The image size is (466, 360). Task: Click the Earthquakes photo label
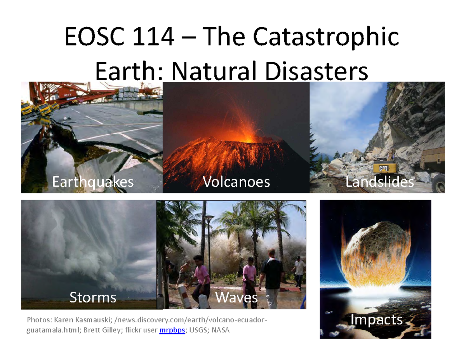(x=93, y=182)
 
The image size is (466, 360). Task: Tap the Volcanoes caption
(x=236, y=182)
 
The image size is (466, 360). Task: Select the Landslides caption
(x=379, y=182)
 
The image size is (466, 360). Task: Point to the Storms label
(x=93, y=297)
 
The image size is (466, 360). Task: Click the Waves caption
(x=236, y=297)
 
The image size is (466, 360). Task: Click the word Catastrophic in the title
(x=326, y=37)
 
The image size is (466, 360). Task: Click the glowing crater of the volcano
(x=244, y=137)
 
